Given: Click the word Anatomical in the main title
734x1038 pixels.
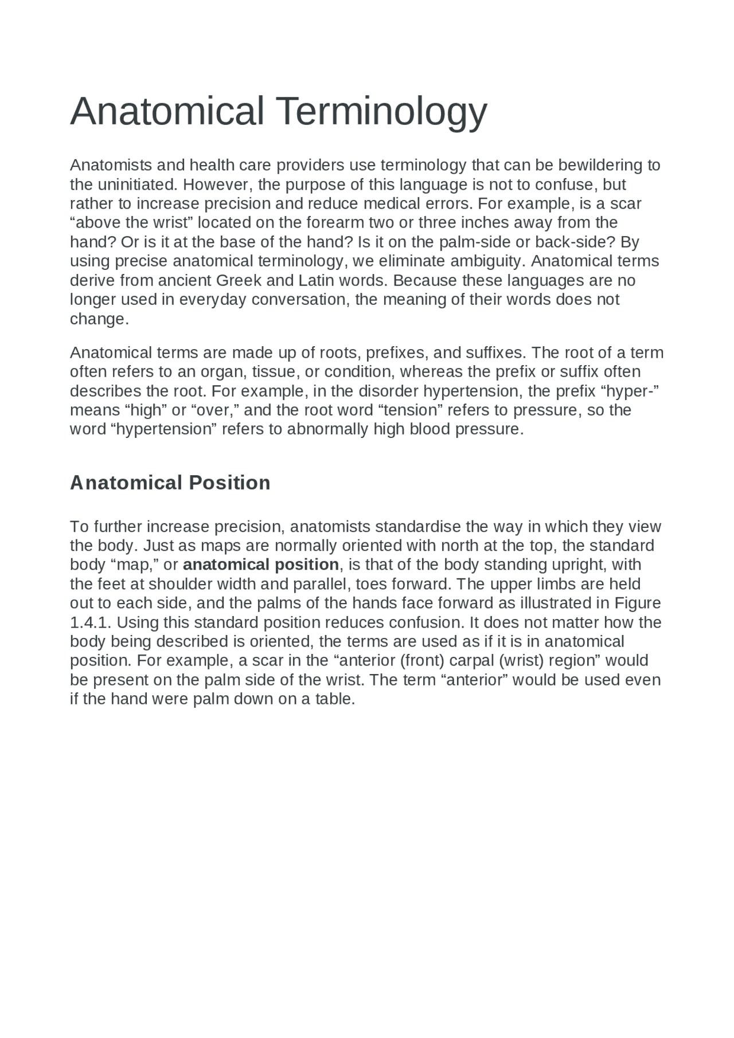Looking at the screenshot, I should pos(167,112).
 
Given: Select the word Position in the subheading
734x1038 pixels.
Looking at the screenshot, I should pos(229,483).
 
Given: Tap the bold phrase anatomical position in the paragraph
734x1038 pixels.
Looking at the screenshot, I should pos(261,565).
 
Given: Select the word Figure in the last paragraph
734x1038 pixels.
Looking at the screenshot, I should pos(638,603).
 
